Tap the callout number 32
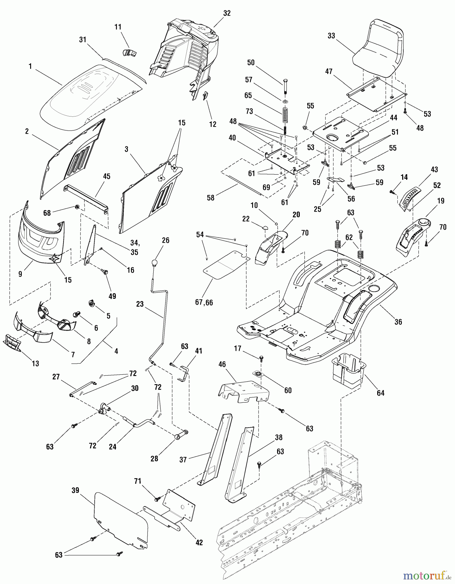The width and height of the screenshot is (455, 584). point(227,13)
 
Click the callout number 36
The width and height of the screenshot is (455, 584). point(398,322)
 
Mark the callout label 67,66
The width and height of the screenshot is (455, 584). point(204,302)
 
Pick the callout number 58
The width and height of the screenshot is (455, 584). point(210,198)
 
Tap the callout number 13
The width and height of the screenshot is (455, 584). point(35,364)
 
